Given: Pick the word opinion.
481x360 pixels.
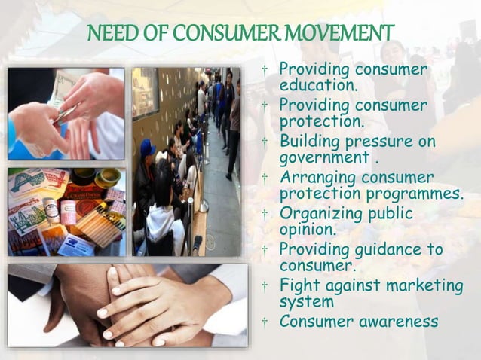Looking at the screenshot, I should tap(307, 230).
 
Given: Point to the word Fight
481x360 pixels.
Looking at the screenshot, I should tap(298, 286).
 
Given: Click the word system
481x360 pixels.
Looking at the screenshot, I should tap(304, 303).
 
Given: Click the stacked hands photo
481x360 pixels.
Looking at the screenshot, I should tap(127, 306).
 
